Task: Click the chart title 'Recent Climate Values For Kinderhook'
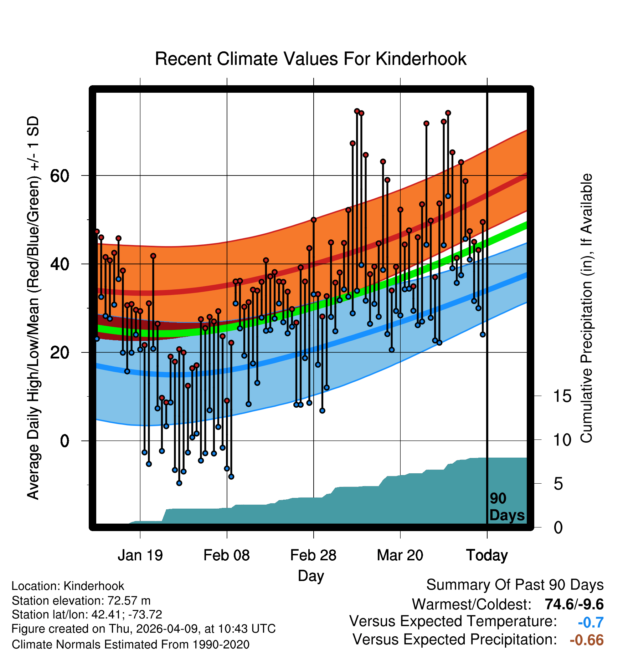(x=310, y=59)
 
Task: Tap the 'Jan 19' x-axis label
(x=140, y=555)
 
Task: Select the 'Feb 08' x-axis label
(x=227, y=555)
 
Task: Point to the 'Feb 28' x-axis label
(x=313, y=555)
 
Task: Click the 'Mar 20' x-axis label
(x=400, y=555)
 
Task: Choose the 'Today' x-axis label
(x=487, y=555)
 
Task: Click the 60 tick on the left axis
(x=60, y=175)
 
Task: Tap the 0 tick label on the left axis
(x=65, y=441)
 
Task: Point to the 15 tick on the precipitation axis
(x=562, y=396)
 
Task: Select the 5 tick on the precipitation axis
(x=558, y=484)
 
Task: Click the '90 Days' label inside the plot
(x=507, y=507)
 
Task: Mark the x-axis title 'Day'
(x=311, y=576)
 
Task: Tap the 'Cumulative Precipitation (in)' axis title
(x=586, y=308)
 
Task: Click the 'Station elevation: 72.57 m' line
(x=81, y=601)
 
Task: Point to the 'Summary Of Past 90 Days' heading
(x=515, y=585)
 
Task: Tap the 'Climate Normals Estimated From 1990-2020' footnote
(x=130, y=645)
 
